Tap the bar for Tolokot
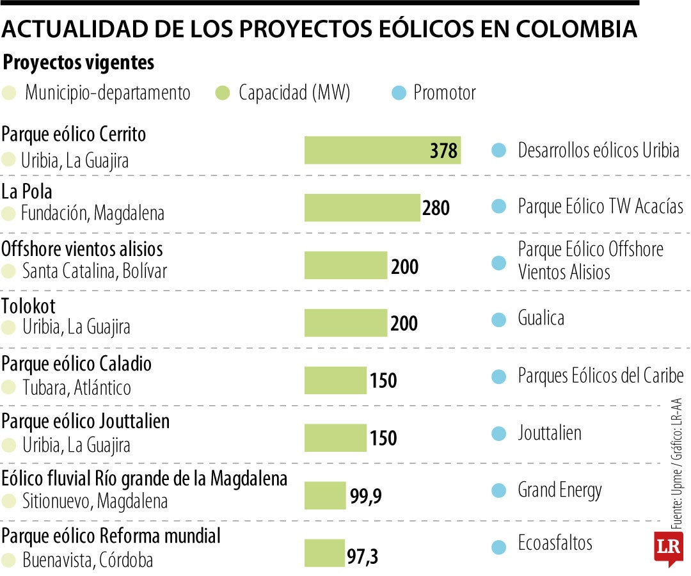tap(345, 323)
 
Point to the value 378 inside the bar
tap(443, 151)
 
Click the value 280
tap(436, 208)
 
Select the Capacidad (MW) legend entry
tap(294, 93)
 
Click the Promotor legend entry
tap(444, 93)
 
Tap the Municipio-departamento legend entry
tap(107, 93)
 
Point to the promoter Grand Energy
tap(560, 491)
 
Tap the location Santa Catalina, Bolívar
tap(94, 271)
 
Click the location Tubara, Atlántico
tap(76, 388)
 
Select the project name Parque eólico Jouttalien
tap(86, 421)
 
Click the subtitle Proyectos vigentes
tap(79, 63)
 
